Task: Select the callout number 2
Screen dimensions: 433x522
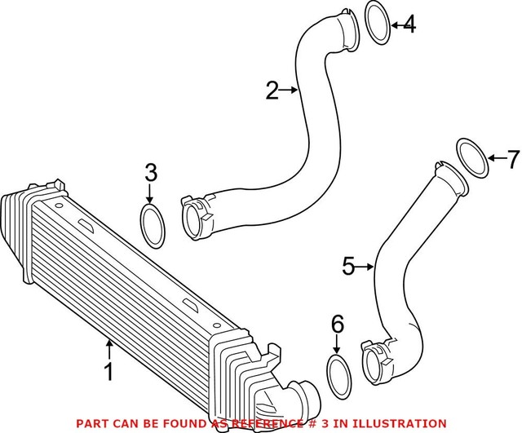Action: (x=272, y=91)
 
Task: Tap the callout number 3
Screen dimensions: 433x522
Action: (x=150, y=172)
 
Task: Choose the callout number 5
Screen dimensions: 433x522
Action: (x=347, y=266)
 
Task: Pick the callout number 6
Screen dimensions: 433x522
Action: (x=337, y=325)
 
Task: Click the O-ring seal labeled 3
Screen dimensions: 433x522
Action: (x=152, y=225)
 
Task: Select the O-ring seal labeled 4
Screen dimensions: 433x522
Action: (x=374, y=23)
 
